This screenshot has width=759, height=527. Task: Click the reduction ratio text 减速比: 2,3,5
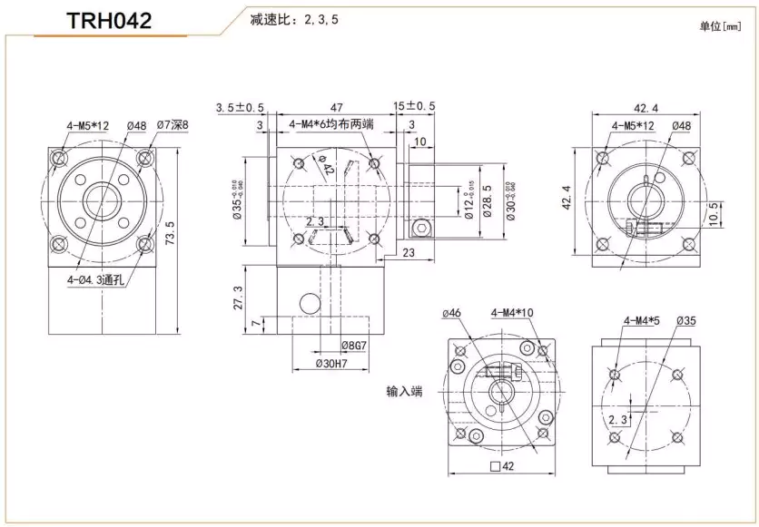[294, 19]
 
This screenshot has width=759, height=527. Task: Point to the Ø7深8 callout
[172, 125]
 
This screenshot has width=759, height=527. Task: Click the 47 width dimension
[335, 107]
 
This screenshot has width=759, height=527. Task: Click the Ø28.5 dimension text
[487, 200]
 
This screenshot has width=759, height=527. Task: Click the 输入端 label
[404, 393]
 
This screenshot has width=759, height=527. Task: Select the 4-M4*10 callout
[512, 313]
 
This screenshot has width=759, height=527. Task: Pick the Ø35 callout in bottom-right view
[686, 321]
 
